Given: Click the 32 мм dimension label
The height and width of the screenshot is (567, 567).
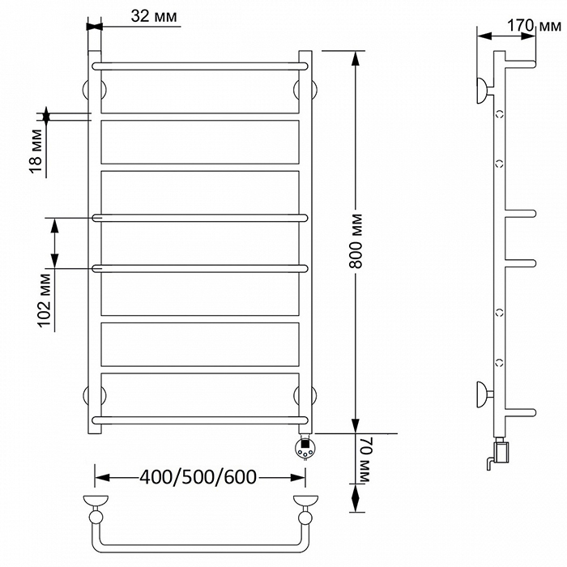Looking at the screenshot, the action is coord(154,16).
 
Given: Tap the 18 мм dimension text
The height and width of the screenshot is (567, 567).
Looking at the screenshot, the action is coord(36,151).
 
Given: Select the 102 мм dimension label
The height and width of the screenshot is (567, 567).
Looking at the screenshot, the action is coord(45,301).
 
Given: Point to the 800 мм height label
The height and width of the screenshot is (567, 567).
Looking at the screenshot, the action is coord(356,241).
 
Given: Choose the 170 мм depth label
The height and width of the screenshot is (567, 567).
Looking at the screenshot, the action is coord(534,26).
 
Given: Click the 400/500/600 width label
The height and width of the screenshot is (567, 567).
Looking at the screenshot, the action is coord(198,477).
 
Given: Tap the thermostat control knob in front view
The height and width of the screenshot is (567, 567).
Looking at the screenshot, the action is coord(305,448).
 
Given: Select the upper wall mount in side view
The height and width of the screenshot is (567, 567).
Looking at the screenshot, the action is coord(483,91).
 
